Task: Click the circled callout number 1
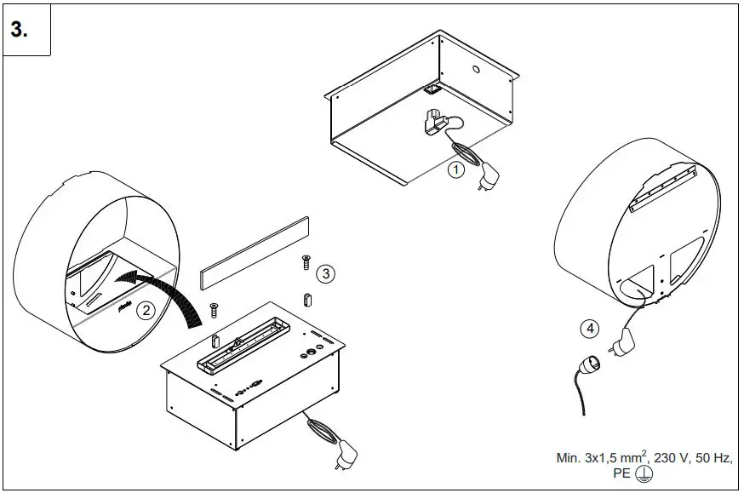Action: pyautogui.click(x=457, y=169)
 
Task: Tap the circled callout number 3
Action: pyautogui.click(x=325, y=273)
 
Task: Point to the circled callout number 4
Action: pyautogui.click(x=589, y=328)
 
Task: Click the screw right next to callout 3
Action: pyautogui.click(x=305, y=262)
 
